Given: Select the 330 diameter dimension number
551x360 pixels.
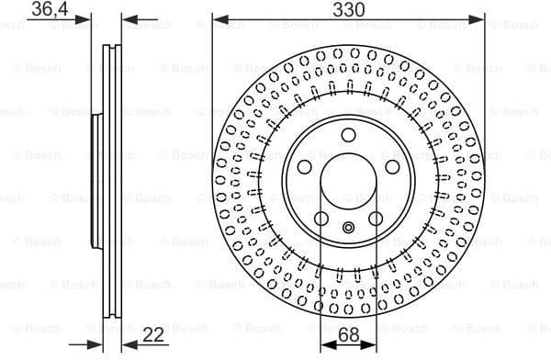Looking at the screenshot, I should (349, 10).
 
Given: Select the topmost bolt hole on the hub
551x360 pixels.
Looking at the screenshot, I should (348, 136).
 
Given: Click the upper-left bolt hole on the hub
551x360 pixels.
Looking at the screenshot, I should (305, 167).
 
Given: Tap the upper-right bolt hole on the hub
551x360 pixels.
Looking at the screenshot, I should (392, 167).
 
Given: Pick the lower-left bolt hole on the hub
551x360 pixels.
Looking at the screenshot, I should (321, 219).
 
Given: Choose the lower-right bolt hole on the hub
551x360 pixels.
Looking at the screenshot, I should (376, 219).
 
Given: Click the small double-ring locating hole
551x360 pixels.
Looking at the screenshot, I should (348, 228).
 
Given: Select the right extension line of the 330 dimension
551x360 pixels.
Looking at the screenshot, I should (485, 92).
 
